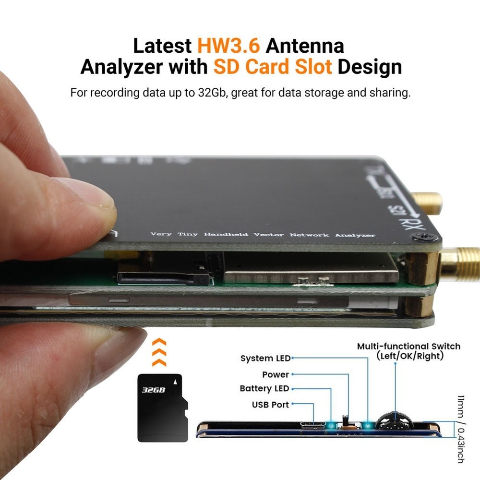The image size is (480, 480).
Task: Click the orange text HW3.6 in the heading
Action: click(228, 46)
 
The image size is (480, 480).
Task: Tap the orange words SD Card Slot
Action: click(273, 67)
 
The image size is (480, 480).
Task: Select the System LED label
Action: click(265, 358)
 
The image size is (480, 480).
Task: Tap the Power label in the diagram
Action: click(276, 374)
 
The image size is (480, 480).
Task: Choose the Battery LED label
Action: click(264, 388)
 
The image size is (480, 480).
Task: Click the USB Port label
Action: click(270, 405)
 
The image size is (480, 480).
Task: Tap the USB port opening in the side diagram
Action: click(312, 425)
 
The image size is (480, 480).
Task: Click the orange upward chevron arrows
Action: click(159, 352)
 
